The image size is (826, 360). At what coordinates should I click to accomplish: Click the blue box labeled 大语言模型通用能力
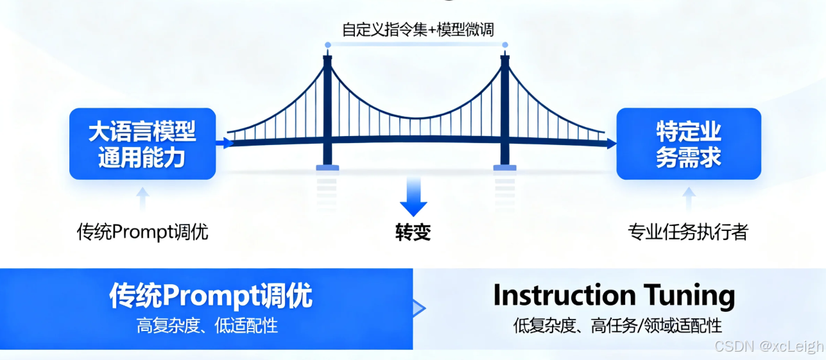[142, 143]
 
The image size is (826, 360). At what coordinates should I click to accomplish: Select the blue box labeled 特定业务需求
[689, 143]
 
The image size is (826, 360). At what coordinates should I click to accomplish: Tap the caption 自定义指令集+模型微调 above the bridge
[418, 30]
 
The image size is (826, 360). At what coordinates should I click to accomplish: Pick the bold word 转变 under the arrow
[413, 232]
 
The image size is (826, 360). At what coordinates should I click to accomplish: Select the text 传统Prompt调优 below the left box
[142, 232]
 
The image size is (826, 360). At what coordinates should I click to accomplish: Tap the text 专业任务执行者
[688, 232]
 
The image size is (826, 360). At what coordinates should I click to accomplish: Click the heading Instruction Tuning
[614, 296]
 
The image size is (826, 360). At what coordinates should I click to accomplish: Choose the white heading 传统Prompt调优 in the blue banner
[211, 296]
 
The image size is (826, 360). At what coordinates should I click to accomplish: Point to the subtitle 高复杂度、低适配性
[207, 325]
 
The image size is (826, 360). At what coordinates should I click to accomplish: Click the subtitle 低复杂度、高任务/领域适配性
[617, 325]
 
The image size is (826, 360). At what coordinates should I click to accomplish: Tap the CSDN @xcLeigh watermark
[768, 347]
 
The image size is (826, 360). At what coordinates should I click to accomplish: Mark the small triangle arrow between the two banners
[418, 309]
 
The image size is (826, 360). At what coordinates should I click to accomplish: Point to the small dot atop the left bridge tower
[327, 45]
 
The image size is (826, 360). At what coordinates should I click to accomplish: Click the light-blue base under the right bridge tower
[504, 167]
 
